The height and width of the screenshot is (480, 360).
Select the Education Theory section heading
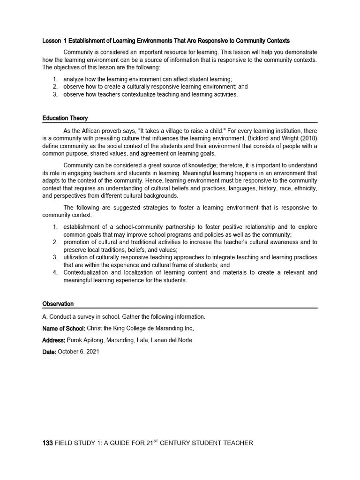pyautogui.click(x=65, y=118)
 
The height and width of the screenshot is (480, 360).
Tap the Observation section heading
pyautogui.click(x=58, y=304)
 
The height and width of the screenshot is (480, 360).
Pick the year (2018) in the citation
pyautogui.click(x=307, y=138)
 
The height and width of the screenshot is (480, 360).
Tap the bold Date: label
pyautogui.click(x=49, y=352)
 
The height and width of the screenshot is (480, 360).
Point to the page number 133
pyautogui.click(x=47, y=443)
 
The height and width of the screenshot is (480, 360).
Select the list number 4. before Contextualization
pyautogui.click(x=55, y=272)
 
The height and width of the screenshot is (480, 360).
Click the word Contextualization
pyautogui.click(x=87, y=272)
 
